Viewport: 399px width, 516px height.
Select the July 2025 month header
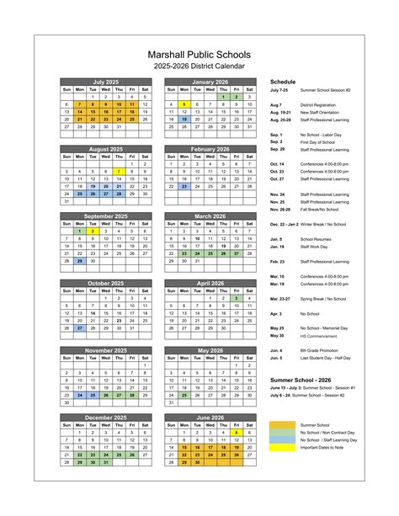click(x=105, y=82)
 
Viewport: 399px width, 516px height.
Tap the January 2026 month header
click(x=210, y=82)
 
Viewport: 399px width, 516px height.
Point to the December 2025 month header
click(x=105, y=417)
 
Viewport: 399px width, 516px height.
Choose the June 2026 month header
click(x=210, y=417)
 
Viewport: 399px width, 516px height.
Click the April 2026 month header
click(x=210, y=283)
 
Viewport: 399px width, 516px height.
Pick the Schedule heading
click(x=283, y=82)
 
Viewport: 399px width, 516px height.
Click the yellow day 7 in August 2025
click(x=119, y=171)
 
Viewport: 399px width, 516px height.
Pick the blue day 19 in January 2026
click(x=184, y=119)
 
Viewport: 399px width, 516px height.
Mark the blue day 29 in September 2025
click(x=79, y=260)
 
